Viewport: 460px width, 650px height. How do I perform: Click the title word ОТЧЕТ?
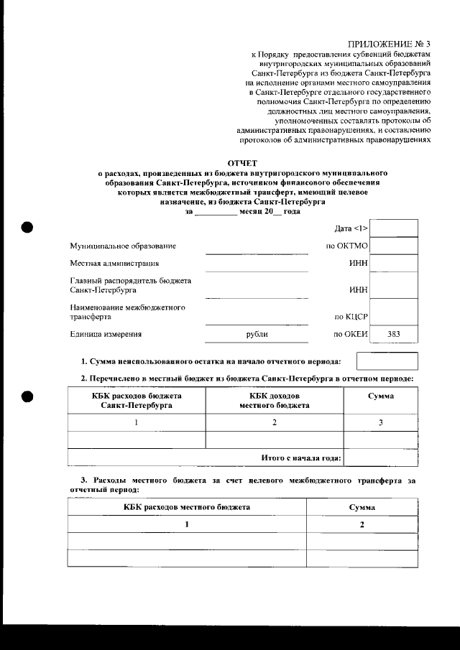242,164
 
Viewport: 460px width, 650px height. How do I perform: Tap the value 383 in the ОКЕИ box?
393,334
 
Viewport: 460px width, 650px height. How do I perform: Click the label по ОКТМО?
346,246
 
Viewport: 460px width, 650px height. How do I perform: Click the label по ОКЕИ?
351,334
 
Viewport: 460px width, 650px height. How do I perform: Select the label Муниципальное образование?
123,246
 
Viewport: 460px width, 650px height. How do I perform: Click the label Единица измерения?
106,334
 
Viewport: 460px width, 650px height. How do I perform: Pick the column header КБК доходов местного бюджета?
274,401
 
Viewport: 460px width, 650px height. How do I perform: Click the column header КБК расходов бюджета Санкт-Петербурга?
137,401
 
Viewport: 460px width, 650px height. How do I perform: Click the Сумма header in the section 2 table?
380,396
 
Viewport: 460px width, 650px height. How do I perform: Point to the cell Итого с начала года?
300,458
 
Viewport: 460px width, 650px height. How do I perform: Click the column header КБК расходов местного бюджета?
186,507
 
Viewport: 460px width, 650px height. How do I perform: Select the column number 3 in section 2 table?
381,422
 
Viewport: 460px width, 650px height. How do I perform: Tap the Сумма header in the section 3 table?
362,507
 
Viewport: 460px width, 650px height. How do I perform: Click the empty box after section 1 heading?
387,361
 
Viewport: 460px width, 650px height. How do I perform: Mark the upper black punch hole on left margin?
27,226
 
